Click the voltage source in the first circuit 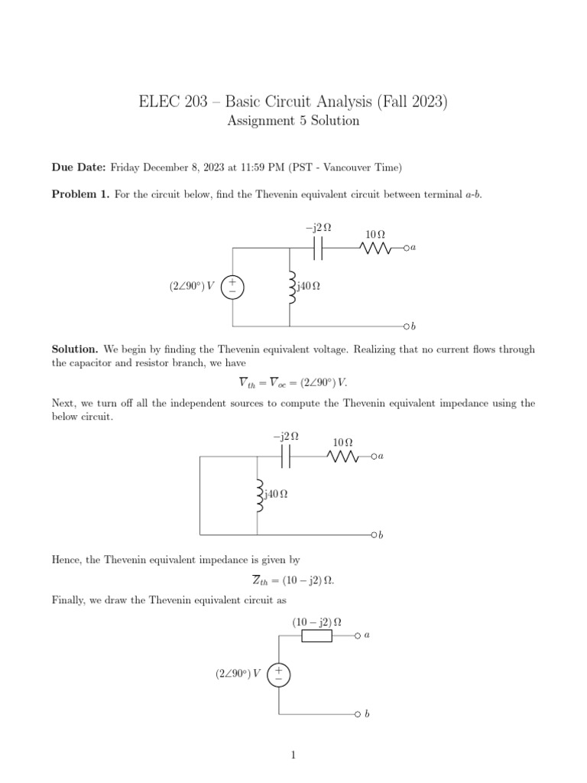pyautogui.click(x=232, y=287)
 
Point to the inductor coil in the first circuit pyautogui.click(x=290, y=287)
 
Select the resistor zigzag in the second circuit pyautogui.click(x=342, y=456)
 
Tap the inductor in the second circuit pyautogui.click(x=258, y=495)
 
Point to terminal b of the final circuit pyautogui.click(x=357, y=714)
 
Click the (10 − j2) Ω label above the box pyautogui.click(x=316, y=622)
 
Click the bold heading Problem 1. pyautogui.click(x=80, y=194)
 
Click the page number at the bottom pyautogui.click(x=293, y=755)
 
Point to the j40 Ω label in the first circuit pyautogui.click(x=308, y=287)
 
